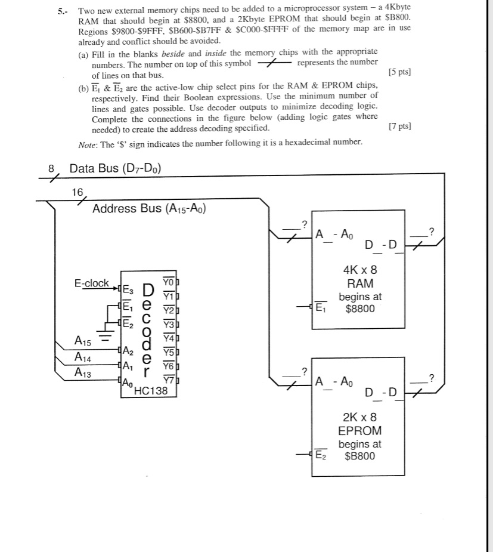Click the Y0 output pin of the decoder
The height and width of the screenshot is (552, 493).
(x=169, y=282)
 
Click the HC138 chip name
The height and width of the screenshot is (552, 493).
(x=152, y=391)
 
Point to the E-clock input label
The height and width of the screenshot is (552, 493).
(x=91, y=283)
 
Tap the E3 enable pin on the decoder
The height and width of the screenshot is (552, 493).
(x=128, y=291)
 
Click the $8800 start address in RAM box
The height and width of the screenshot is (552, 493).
(x=360, y=309)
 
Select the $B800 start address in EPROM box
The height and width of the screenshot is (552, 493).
(x=360, y=457)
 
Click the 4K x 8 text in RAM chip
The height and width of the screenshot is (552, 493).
(x=360, y=270)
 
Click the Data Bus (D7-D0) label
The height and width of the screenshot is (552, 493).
(x=115, y=168)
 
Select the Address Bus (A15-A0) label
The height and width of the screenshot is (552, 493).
(x=149, y=208)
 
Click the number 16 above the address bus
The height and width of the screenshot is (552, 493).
(x=77, y=192)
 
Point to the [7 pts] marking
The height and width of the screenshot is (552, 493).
(x=399, y=127)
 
